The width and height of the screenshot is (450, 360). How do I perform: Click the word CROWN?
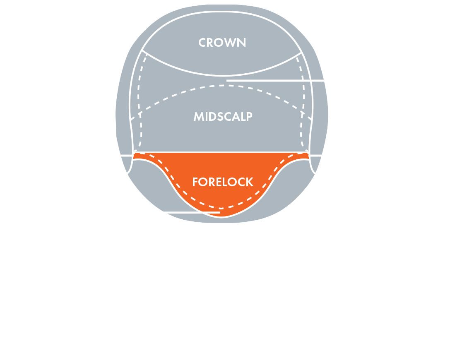[222, 43]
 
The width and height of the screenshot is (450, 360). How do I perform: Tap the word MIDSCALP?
[223, 116]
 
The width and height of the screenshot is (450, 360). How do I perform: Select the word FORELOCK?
[223, 182]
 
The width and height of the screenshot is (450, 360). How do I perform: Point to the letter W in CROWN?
[231, 43]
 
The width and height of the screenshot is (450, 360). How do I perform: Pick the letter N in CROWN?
[242, 43]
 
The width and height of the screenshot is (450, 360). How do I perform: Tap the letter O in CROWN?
[219, 43]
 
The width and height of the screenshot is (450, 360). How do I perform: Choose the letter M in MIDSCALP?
[199, 116]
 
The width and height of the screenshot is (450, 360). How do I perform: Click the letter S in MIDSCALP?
[220, 116]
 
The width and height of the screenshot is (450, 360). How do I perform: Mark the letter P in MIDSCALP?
[250, 116]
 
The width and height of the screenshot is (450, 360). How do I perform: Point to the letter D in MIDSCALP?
[213, 116]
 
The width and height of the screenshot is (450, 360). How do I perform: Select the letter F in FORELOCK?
[195, 182]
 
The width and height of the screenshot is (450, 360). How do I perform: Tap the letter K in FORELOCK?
[250, 182]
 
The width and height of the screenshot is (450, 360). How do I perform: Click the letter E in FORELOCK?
[220, 182]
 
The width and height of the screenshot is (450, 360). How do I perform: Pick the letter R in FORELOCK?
[212, 182]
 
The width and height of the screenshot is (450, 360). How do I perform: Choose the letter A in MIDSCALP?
[236, 116]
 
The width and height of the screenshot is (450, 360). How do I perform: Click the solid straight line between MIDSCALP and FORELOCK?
[221, 152]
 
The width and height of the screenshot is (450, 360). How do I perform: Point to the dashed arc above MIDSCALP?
[221, 86]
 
